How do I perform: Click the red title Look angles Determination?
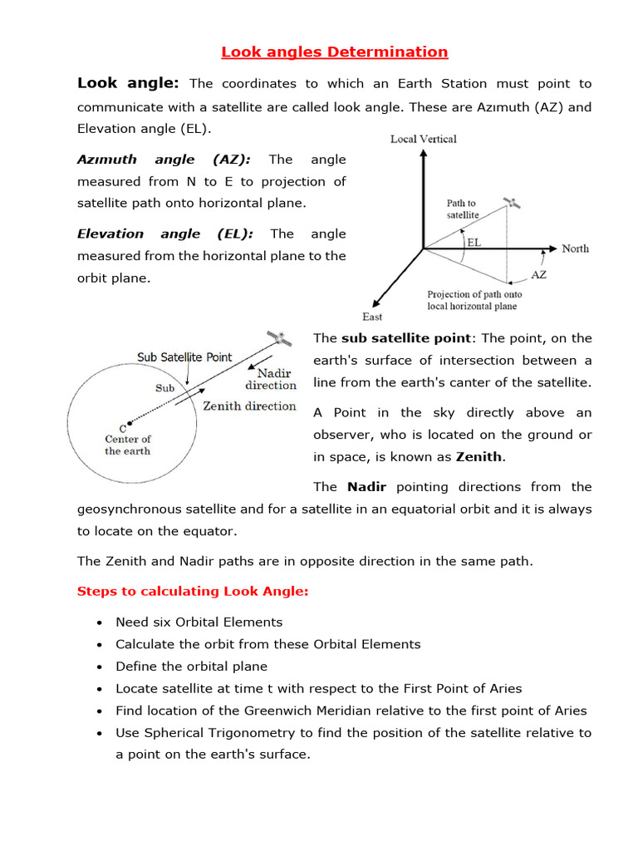pos(334,52)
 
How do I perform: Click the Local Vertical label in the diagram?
pos(424,139)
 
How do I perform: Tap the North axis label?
pos(575,248)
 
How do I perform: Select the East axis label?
pos(372,317)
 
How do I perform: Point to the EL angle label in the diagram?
pos(474,243)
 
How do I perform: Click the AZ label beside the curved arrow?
pos(537,274)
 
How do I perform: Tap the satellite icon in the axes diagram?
pos(513,204)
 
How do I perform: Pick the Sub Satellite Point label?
pos(184,357)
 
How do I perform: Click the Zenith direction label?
pos(249,406)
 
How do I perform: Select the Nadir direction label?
pos(271,379)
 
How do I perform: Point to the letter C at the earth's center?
pos(123,428)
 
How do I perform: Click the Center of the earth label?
pos(128,445)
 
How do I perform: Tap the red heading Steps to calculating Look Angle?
pos(193,592)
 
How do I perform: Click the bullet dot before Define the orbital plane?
pos(100,667)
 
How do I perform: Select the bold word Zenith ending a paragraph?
pos(479,457)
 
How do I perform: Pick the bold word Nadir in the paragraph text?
pos(367,487)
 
